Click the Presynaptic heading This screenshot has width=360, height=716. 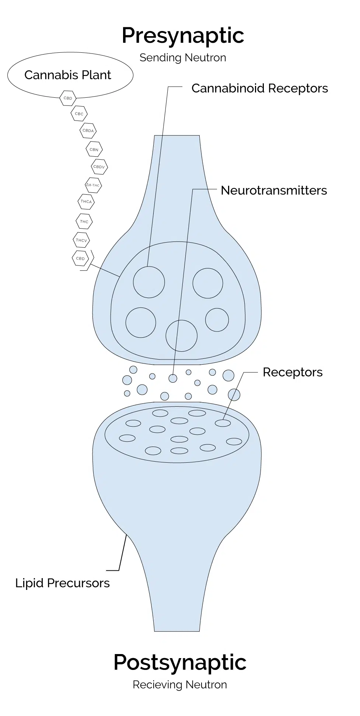pyautogui.click(x=183, y=36)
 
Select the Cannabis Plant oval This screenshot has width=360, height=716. pyautogui.click(x=70, y=75)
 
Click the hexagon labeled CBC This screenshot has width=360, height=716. pyautogui.click(x=79, y=114)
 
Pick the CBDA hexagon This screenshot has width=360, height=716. pyautogui.click(x=88, y=131)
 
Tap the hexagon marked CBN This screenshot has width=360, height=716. pyautogui.click(x=94, y=149)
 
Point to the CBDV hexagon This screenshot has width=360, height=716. pyautogui.click(x=99, y=167)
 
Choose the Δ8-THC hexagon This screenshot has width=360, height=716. pyautogui.click(x=93, y=185)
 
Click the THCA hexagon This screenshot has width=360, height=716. pyautogui.click(x=86, y=202)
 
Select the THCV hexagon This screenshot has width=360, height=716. pyautogui.click(x=81, y=240)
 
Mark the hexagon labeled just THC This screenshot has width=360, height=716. pyautogui.click(x=84, y=222)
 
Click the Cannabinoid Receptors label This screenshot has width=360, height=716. pyautogui.click(x=259, y=88)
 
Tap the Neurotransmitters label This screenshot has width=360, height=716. pyautogui.click(x=274, y=190)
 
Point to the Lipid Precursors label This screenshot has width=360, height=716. pyautogui.click(x=62, y=583)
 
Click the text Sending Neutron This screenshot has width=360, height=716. pyautogui.click(x=183, y=58)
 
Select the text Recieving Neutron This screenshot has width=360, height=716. pyautogui.click(x=180, y=685)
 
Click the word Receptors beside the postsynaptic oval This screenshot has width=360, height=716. pyautogui.click(x=293, y=372)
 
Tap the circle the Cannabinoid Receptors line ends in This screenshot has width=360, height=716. pyautogui.click(x=149, y=282)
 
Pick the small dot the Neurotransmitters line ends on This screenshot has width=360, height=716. pyautogui.click(x=173, y=378)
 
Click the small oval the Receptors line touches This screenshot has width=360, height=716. pyautogui.click(x=223, y=423)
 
